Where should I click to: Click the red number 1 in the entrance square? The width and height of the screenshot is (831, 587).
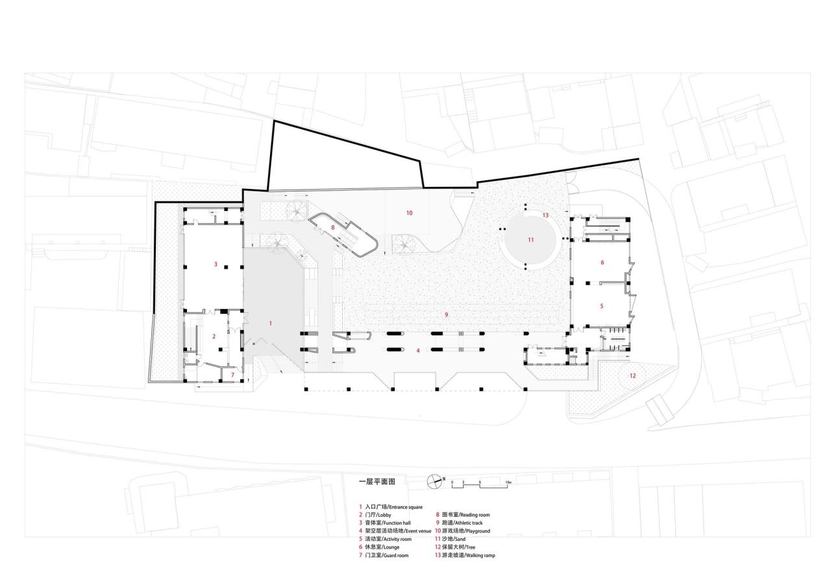[x=271, y=323]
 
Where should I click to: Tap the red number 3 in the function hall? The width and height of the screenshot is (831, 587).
[x=216, y=264]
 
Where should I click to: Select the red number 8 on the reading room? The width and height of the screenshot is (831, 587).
[x=332, y=227]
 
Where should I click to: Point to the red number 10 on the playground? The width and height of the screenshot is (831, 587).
[x=409, y=213]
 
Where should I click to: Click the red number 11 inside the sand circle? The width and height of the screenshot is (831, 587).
[x=530, y=240]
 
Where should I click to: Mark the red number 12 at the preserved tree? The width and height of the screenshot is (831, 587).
[x=632, y=375]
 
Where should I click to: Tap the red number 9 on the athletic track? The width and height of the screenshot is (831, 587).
[x=447, y=314]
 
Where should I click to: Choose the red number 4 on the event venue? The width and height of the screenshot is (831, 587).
[x=418, y=351]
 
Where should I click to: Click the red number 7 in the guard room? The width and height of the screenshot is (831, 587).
[x=232, y=375]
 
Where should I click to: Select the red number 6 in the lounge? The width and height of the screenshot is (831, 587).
[x=602, y=262]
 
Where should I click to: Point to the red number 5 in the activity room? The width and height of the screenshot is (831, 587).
[x=601, y=305]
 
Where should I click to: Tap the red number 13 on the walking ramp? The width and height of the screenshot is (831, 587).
[x=545, y=215]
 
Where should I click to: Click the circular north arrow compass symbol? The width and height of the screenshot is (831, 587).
[x=434, y=481]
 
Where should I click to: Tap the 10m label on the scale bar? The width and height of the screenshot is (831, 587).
[x=508, y=483]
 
